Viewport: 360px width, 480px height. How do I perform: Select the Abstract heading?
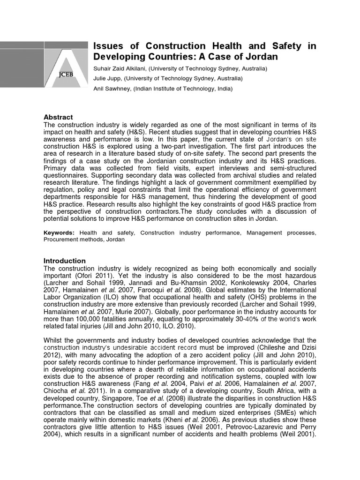[58, 117]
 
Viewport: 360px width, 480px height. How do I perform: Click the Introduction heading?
[65, 261]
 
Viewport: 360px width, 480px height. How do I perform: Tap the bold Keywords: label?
[59, 232]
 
